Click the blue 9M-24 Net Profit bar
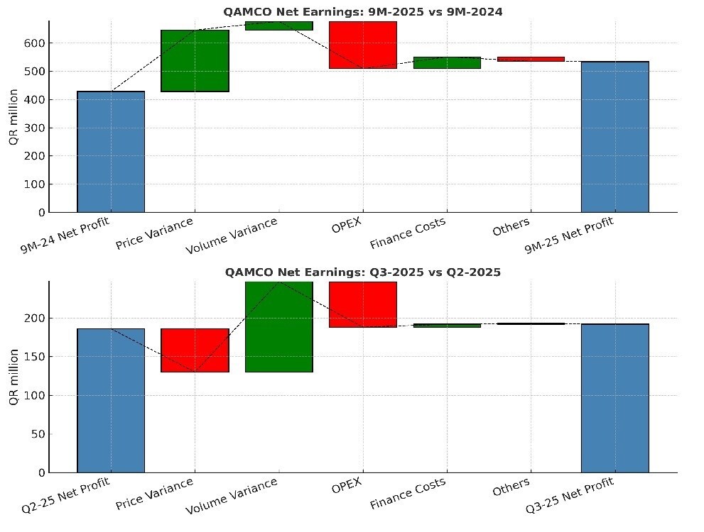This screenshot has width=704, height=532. click(110, 152)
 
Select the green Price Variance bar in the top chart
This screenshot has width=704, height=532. click(195, 61)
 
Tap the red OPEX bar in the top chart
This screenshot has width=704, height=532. click(362, 45)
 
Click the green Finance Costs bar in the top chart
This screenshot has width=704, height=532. click(447, 62)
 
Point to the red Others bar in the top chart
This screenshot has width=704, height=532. click(531, 60)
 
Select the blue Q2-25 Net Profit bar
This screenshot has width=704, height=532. click(110, 400)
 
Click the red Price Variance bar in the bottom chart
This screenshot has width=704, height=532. click(195, 350)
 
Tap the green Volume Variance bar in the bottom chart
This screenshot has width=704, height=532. click(278, 326)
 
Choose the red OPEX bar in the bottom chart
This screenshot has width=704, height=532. click(362, 304)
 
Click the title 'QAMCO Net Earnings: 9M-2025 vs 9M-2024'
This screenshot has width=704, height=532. click(363, 11)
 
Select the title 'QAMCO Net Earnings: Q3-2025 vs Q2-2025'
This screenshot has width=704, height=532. click(363, 272)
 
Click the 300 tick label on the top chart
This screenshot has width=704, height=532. click(35, 128)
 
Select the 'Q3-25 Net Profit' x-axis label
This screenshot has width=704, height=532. click(570, 494)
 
